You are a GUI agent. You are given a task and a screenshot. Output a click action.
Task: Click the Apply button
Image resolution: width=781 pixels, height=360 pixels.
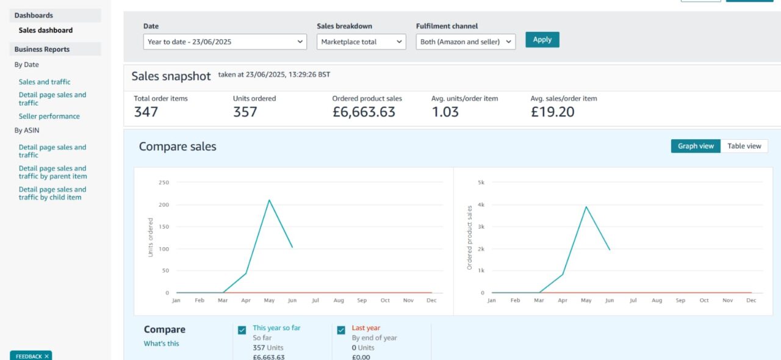pos(542,40)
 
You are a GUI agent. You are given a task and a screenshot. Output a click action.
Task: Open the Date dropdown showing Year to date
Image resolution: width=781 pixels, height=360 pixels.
pos(225,41)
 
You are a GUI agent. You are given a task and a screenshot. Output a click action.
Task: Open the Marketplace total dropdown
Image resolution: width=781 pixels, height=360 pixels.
pos(361,41)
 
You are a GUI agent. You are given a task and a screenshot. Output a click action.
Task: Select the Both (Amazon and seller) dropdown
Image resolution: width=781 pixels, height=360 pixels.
pos(466,41)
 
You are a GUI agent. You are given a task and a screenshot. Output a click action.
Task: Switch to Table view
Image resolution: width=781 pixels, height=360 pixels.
pos(744,146)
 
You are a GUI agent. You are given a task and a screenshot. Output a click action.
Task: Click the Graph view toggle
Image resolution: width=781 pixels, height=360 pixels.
pos(696,146)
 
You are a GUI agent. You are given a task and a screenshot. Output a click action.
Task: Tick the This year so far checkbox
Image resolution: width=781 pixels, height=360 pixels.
pos(243,330)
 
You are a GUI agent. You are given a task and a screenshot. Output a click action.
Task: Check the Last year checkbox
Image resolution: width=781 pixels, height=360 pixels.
pos(342,330)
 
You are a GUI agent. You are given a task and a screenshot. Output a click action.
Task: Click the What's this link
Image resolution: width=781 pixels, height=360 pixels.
pos(161,344)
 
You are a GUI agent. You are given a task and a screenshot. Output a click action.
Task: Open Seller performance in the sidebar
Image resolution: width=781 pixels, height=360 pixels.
pos(49,116)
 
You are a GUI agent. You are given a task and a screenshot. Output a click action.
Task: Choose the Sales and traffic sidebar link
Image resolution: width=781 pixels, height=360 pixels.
pos(45,82)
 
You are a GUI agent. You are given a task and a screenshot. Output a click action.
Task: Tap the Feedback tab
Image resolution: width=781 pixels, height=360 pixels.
pos(31,356)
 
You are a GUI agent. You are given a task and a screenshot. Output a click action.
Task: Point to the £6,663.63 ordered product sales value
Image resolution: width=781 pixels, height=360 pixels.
pos(364,112)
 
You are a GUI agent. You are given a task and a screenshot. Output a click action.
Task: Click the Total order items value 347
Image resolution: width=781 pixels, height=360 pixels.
pos(146,112)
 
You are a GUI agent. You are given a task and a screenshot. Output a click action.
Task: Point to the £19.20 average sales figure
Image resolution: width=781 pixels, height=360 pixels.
pos(552,112)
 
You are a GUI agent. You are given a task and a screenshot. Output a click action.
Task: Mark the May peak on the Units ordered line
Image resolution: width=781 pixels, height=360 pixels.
pos(269,200)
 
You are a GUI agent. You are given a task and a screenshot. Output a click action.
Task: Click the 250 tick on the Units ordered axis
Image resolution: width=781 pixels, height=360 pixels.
pos(164,182)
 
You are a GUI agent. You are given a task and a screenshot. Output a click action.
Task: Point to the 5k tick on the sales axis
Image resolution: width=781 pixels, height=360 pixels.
pos(481,182)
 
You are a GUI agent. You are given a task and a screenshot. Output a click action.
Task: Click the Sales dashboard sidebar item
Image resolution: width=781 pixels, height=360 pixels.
pos(46,30)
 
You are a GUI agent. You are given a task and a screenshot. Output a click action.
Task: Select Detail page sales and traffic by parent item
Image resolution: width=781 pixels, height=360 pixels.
pos(52,172)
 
